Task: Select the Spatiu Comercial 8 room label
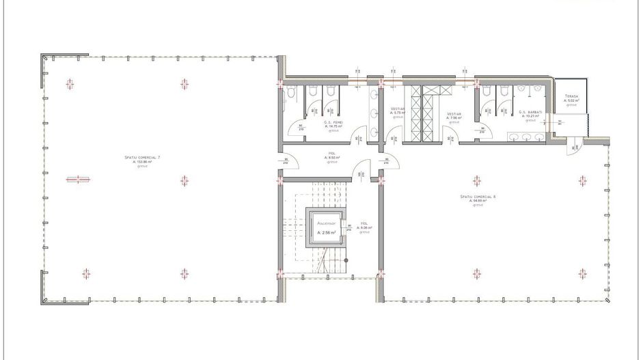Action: click(478, 196)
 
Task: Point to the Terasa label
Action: click(571, 97)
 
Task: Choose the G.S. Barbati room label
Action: click(530, 112)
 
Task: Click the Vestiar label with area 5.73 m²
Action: click(398, 109)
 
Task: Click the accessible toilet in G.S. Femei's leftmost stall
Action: click(291, 91)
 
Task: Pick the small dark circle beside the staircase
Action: click(346, 260)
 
